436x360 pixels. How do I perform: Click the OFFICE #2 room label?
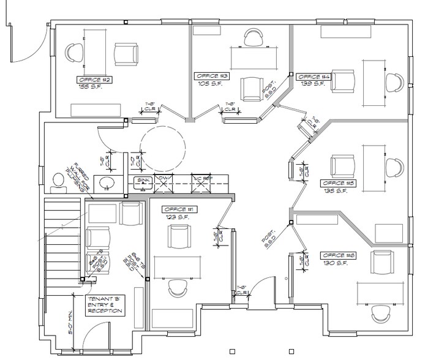94,80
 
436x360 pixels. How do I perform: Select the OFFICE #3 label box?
212,76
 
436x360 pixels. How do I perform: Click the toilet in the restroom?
59,182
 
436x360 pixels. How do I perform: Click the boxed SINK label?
144,181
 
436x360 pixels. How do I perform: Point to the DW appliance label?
163,178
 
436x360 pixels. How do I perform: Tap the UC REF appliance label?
200,178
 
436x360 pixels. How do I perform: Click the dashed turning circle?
162,148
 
